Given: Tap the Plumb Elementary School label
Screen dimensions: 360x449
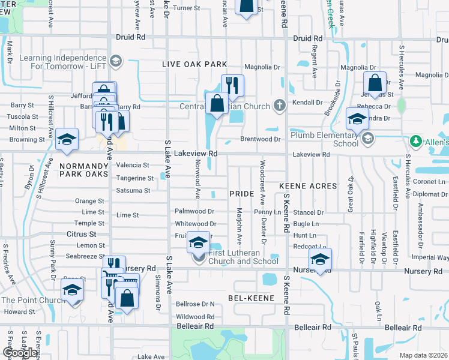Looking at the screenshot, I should pos(324,139).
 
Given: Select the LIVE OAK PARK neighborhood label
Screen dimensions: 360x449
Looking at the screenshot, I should pos(194,64).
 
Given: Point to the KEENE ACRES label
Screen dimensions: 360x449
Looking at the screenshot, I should pos(308,186).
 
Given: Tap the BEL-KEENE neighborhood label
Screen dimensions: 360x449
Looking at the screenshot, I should pos(251,298).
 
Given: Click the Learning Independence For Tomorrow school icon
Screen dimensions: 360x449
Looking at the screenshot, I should pos(116,61).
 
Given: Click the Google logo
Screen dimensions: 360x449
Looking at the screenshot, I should pos(20,352).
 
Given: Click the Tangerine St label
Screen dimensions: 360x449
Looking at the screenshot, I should pos(135,178).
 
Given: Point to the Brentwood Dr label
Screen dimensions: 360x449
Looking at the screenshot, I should pos(261,139).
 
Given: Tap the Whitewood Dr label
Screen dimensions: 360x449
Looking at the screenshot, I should pos(194,223).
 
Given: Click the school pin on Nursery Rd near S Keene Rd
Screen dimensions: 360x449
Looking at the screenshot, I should pos(320,260).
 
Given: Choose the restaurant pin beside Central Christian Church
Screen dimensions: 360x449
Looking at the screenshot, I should pos(232,86).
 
